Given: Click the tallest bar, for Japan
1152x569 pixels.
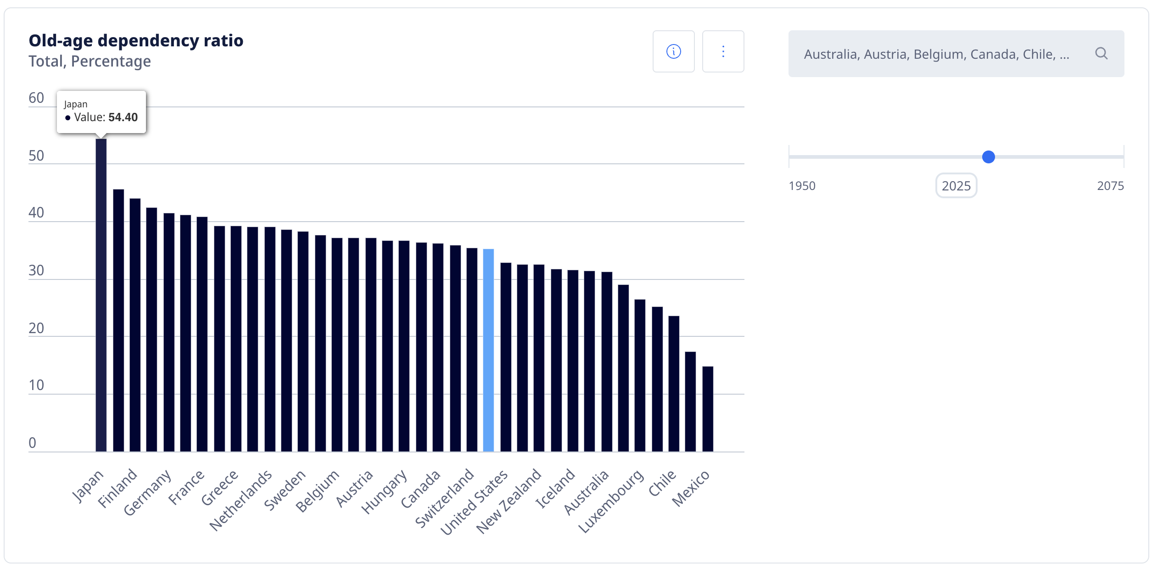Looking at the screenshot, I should click(101, 294).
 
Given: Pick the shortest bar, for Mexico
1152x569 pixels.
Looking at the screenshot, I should click(708, 408).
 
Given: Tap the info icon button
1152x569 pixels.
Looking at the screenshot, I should click(673, 51).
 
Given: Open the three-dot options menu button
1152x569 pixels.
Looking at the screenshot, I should click(723, 51).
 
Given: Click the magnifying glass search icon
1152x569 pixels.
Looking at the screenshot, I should click(1101, 54).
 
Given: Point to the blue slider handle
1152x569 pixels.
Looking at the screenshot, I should click(988, 157).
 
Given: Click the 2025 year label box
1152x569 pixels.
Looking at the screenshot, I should click(956, 186).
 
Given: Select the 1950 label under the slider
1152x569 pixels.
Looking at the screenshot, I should click(802, 186).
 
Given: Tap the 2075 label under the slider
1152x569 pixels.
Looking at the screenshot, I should click(1110, 186).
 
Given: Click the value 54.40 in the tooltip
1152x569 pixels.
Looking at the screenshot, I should click(123, 117).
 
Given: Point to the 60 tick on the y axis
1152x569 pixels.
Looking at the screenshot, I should click(36, 98).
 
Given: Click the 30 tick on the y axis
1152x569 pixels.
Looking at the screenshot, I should click(36, 270).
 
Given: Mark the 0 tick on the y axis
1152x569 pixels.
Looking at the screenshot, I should click(32, 443).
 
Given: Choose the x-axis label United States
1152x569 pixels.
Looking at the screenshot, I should click(475, 502).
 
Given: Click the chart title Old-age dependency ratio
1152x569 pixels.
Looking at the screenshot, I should click(136, 40).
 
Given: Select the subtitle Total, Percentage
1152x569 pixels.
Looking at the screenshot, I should click(89, 61).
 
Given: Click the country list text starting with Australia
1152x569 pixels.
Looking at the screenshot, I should click(936, 54).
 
